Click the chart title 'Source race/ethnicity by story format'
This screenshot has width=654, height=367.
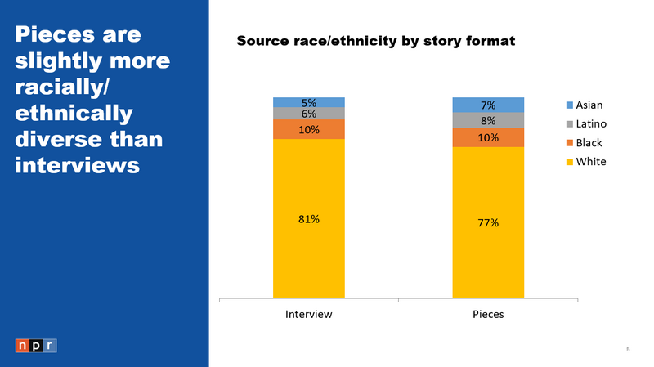(375, 41)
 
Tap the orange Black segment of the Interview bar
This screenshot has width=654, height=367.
(308, 129)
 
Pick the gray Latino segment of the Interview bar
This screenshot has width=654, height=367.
(308, 114)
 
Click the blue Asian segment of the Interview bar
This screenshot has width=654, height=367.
(308, 102)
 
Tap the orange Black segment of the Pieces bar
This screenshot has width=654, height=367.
(488, 137)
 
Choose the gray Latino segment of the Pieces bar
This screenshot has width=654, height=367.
(488, 120)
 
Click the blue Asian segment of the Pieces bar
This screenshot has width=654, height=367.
(488, 105)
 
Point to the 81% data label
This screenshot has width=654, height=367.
(308, 218)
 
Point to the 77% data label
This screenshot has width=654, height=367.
(488, 222)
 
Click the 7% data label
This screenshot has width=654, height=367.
(488, 105)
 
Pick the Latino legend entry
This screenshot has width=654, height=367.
(586, 124)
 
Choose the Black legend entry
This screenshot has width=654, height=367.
(584, 143)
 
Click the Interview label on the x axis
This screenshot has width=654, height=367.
(308, 315)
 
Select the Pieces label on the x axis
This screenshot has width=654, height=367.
(488, 315)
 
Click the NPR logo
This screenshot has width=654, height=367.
(36, 346)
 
